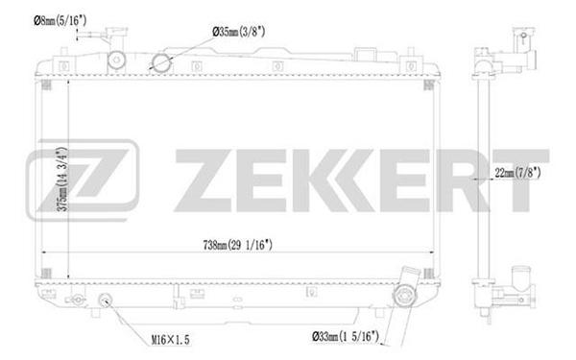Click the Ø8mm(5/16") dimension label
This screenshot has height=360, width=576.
click(x=60, y=20)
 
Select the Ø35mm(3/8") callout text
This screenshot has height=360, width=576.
click(x=239, y=32)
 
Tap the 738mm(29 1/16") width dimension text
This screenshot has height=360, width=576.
click(x=238, y=245)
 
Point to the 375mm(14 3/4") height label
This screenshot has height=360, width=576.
click(x=63, y=179)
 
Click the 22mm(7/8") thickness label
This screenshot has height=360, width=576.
click(x=518, y=172)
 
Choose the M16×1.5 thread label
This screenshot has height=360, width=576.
click(x=171, y=340)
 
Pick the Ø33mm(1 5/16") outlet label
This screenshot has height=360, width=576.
click(x=346, y=336)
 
